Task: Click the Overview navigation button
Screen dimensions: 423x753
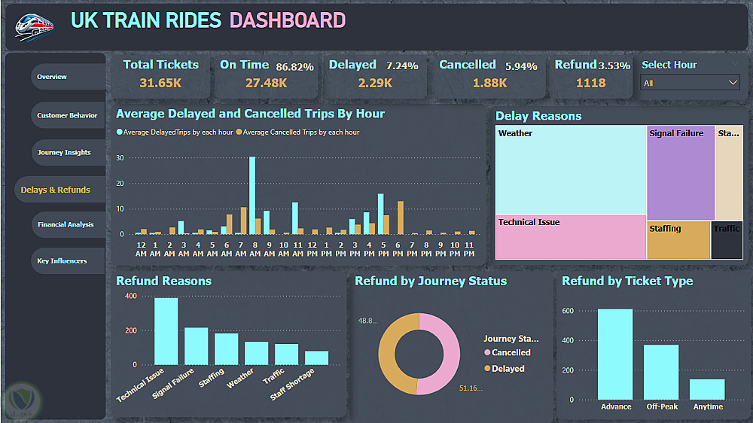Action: click(x=53, y=77)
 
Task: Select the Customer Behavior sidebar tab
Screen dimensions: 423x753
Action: click(x=67, y=116)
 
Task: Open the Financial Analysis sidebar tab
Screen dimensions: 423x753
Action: click(x=66, y=224)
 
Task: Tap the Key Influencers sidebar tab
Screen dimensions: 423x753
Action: click(x=62, y=261)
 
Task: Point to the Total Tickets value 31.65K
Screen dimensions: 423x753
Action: click(x=160, y=83)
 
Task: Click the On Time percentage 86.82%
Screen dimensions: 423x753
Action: click(x=294, y=66)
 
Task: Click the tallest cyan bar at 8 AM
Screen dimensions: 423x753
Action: click(x=252, y=196)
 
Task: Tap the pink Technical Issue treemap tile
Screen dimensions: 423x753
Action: click(x=571, y=237)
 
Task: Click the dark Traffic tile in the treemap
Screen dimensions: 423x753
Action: click(x=727, y=240)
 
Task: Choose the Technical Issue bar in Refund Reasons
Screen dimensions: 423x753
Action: click(x=166, y=331)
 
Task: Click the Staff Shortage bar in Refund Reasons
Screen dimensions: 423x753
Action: click(x=316, y=358)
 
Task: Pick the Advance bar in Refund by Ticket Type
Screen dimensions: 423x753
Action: click(x=615, y=354)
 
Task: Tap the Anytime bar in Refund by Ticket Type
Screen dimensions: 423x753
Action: click(x=707, y=389)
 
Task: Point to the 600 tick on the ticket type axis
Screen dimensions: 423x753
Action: click(x=567, y=311)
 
